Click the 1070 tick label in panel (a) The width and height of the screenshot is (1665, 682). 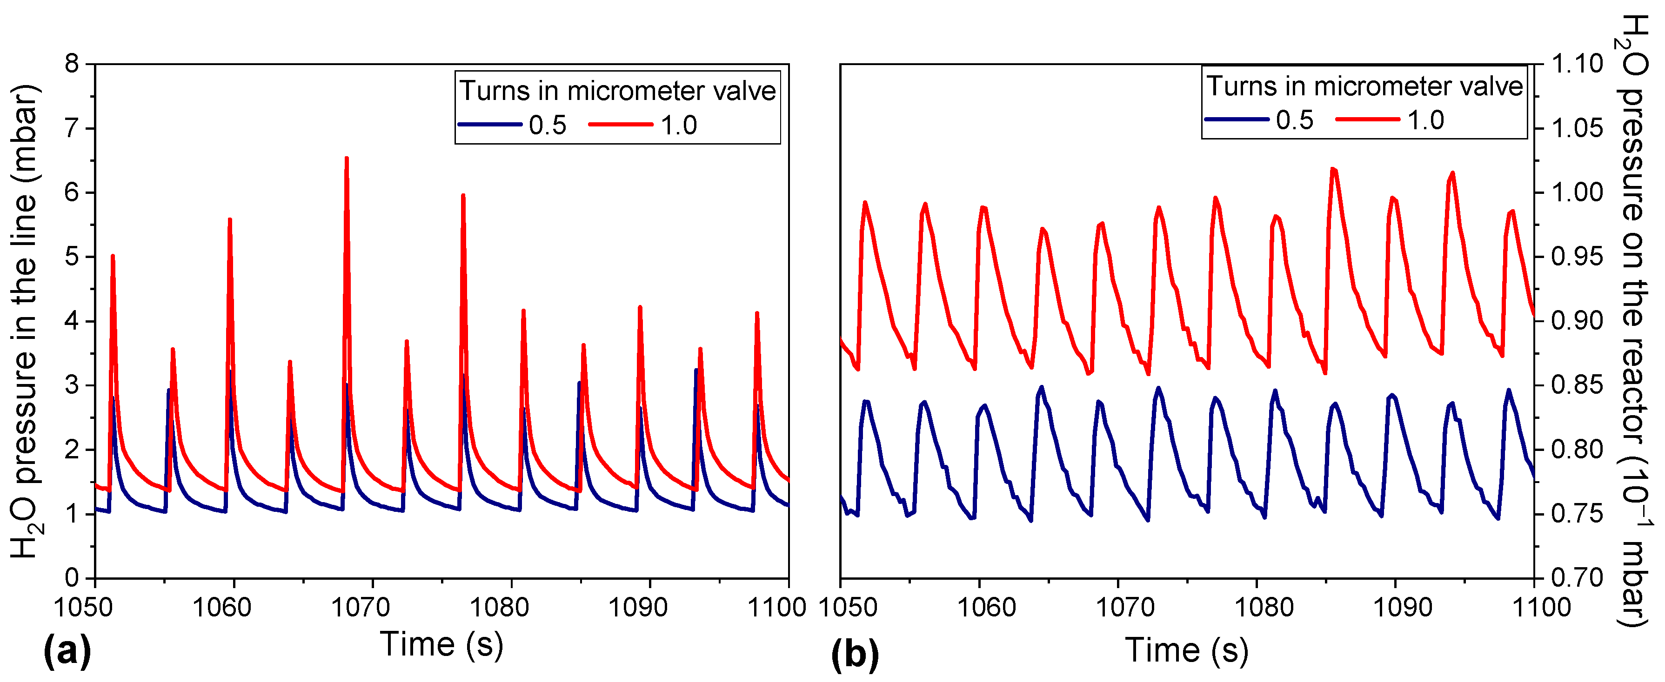361,608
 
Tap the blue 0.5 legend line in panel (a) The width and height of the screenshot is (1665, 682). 490,124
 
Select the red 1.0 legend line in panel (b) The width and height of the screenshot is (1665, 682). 1368,119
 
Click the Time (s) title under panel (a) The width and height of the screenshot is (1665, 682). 441,644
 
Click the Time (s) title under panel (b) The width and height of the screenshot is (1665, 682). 1187,650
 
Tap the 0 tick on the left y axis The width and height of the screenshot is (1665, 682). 72,577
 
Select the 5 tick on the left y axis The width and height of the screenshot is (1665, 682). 72,257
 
